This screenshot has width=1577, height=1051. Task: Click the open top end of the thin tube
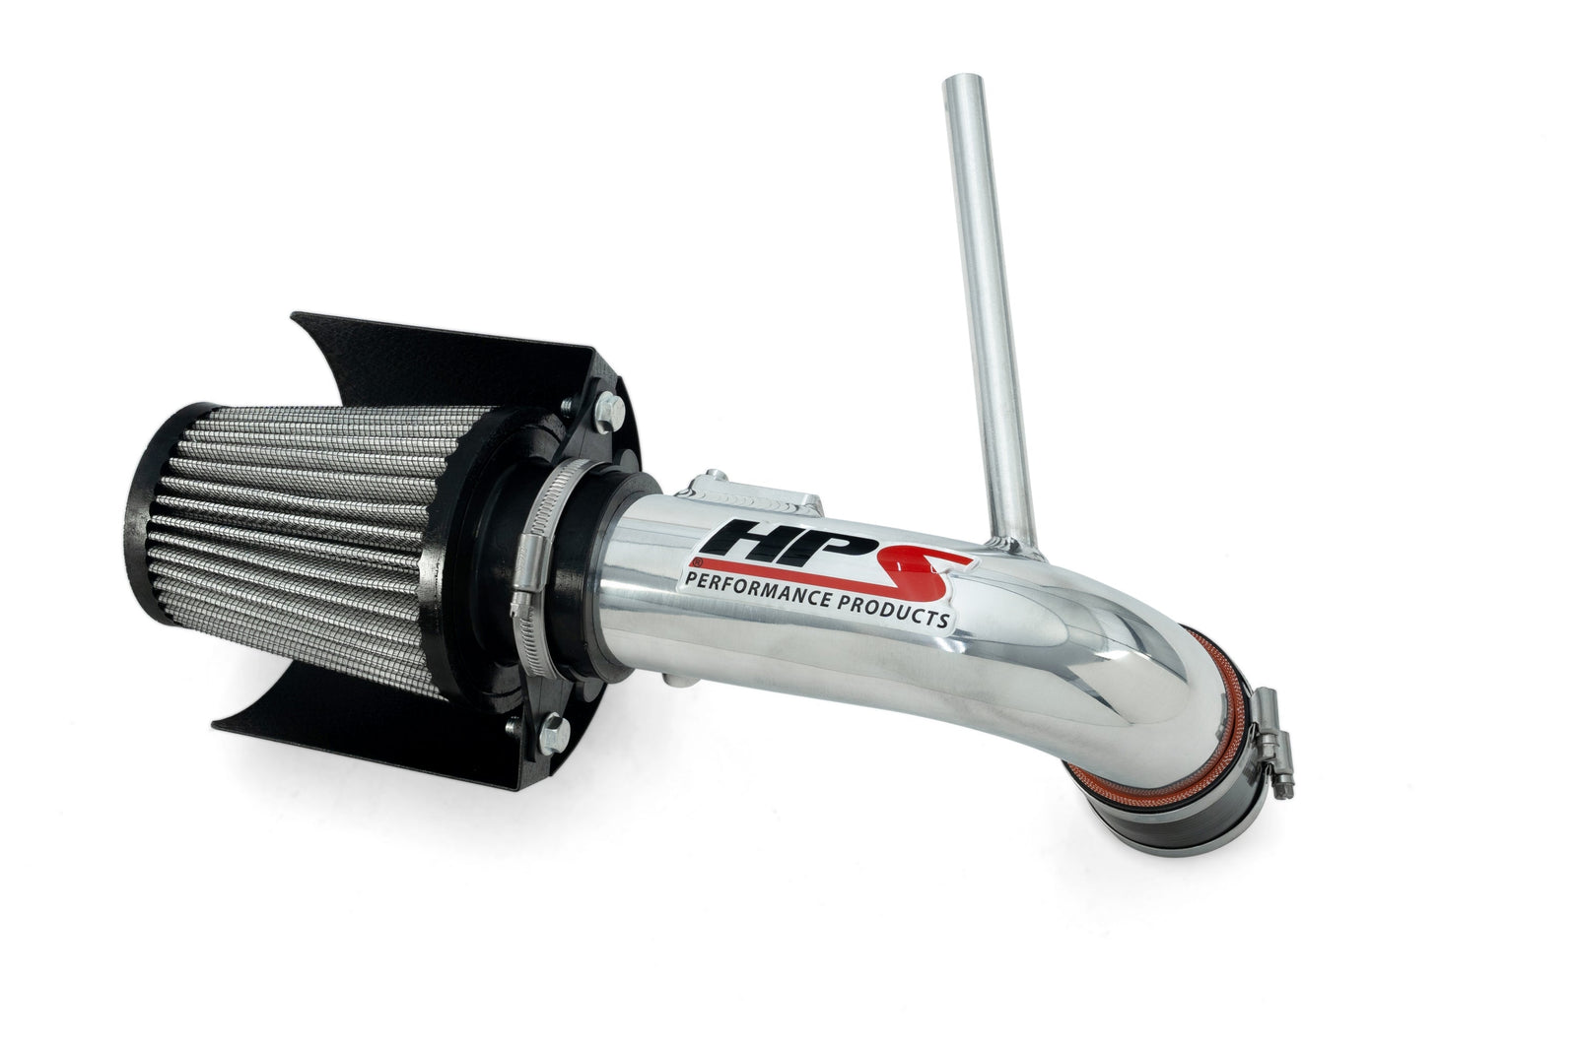click(962, 80)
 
